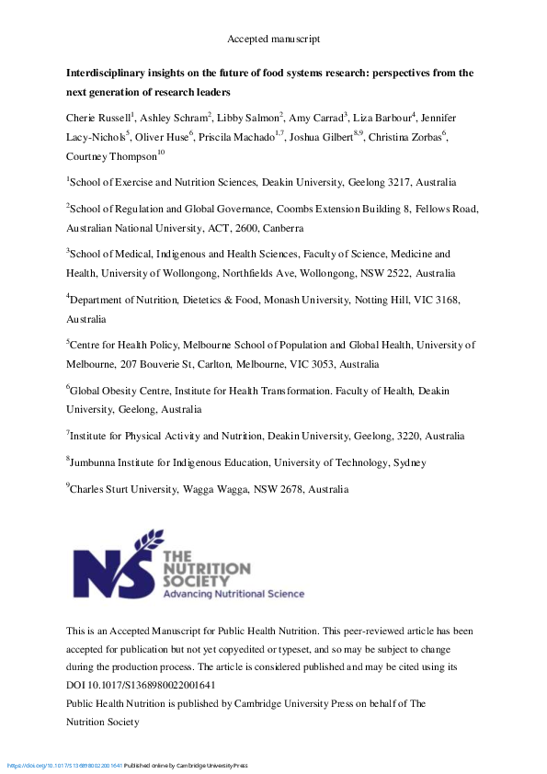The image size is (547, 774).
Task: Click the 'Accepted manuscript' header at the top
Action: pos(273,39)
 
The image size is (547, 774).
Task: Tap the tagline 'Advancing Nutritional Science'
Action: pos(234,595)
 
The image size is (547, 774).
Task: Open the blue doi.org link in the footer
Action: pos(64,766)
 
